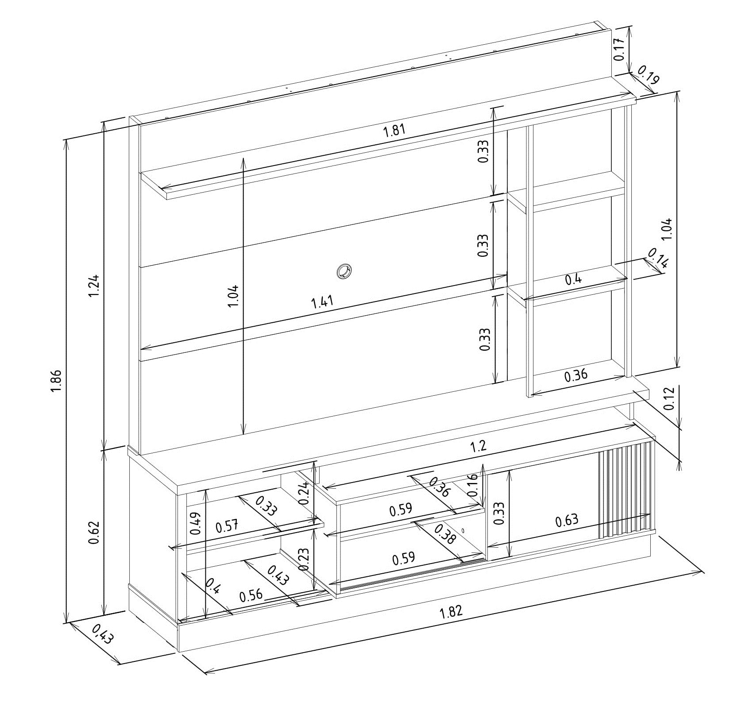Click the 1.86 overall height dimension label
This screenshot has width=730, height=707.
pyautogui.click(x=56, y=381)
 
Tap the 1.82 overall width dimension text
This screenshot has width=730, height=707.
pyautogui.click(x=451, y=611)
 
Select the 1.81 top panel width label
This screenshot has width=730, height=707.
pyautogui.click(x=394, y=131)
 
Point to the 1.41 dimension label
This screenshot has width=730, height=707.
pyautogui.click(x=323, y=302)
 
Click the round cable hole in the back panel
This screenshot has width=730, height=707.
pyautogui.click(x=343, y=270)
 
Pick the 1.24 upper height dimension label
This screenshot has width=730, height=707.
pyautogui.click(x=94, y=286)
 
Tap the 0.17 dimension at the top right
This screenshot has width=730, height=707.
pyautogui.click(x=619, y=49)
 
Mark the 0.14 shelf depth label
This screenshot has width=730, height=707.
pyautogui.click(x=658, y=258)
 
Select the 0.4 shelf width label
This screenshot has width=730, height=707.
pyautogui.click(x=574, y=279)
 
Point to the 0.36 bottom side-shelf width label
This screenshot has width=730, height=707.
pyautogui.click(x=576, y=375)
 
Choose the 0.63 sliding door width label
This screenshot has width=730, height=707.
pyautogui.click(x=567, y=519)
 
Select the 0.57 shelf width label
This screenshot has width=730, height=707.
pyautogui.click(x=227, y=526)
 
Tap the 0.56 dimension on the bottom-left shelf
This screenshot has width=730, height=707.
pyautogui.click(x=251, y=595)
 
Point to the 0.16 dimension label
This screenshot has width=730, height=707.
pyautogui.click(x=472, y=484)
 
